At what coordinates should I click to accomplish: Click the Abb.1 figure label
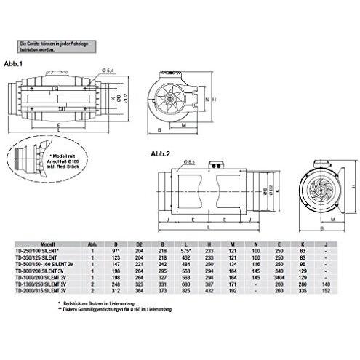point(13,64)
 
